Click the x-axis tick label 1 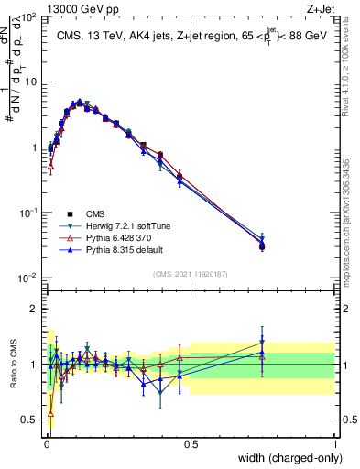pos(334,445)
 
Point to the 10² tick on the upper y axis pos(28,16)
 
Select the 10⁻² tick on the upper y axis pos(28,278)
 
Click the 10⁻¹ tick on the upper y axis pos(28,213)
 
